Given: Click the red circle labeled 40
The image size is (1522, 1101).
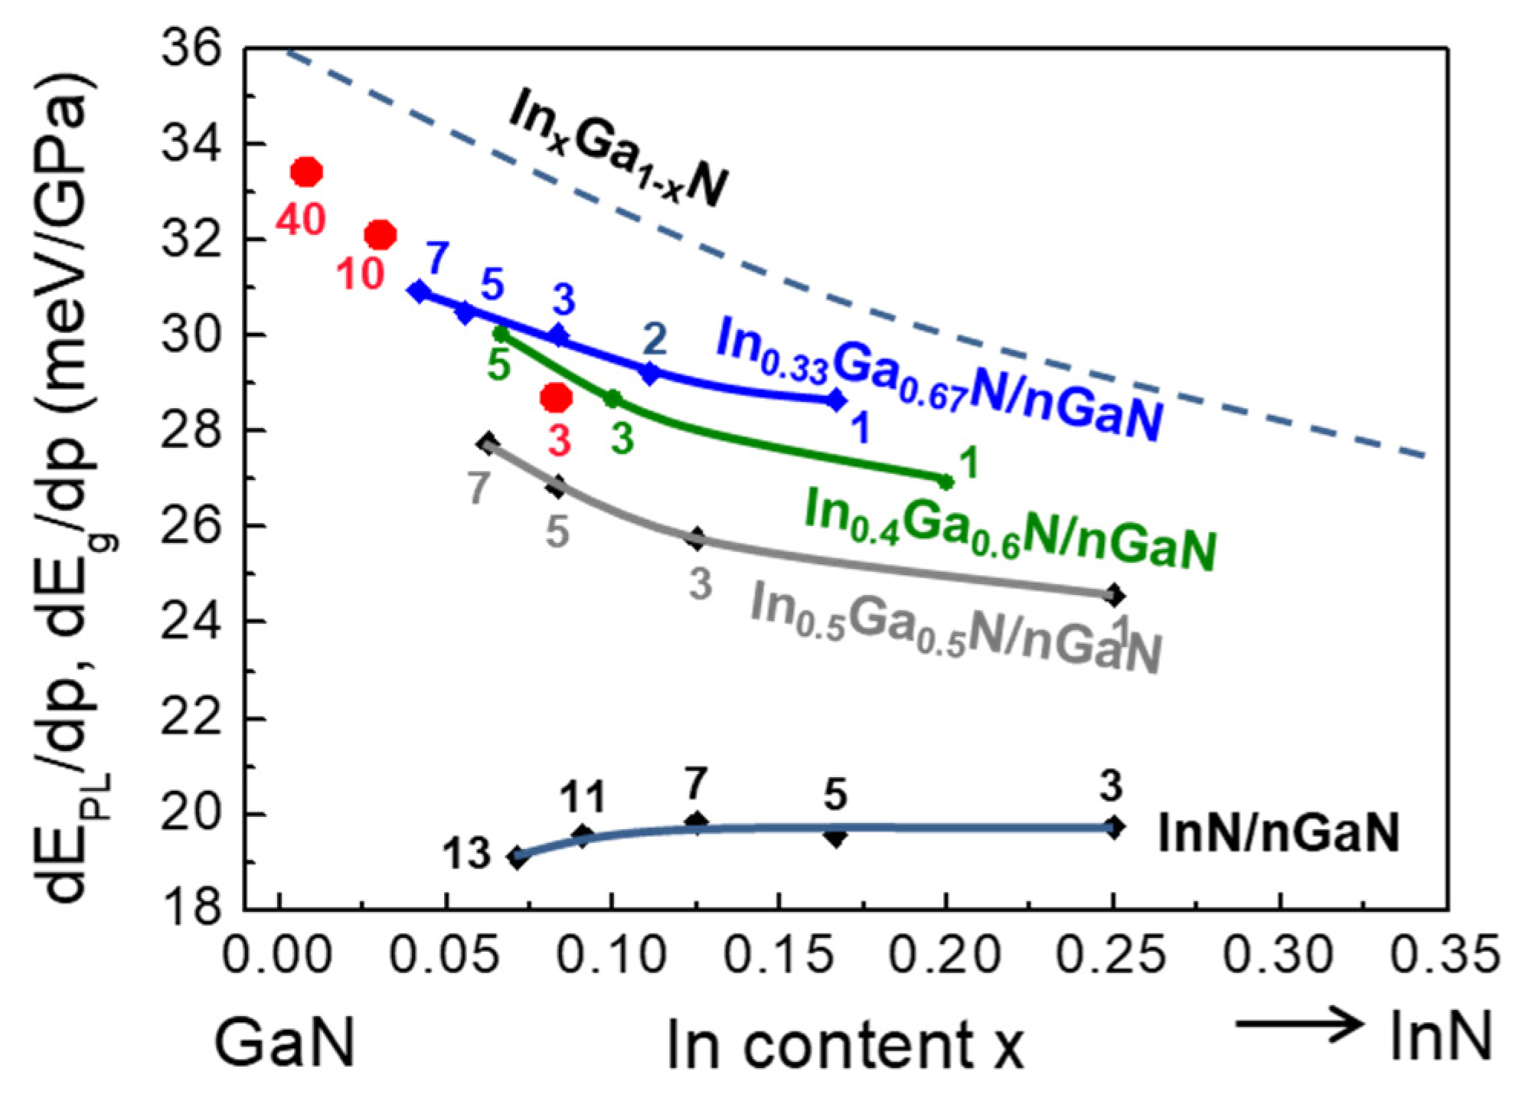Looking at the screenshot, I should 306,172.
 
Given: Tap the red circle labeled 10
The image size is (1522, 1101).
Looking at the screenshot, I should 380,235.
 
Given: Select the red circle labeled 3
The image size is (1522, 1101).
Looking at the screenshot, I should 556,397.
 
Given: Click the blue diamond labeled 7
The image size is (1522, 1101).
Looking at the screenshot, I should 419,291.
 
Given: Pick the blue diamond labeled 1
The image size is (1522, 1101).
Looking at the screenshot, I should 837,400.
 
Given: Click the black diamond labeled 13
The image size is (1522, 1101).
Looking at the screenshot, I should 518,858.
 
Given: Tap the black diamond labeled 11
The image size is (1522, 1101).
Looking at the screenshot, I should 583,836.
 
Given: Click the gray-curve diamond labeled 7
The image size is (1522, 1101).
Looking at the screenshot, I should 488,443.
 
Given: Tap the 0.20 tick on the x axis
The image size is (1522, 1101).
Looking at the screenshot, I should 946,955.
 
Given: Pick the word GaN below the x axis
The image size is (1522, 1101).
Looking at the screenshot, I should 285,1043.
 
